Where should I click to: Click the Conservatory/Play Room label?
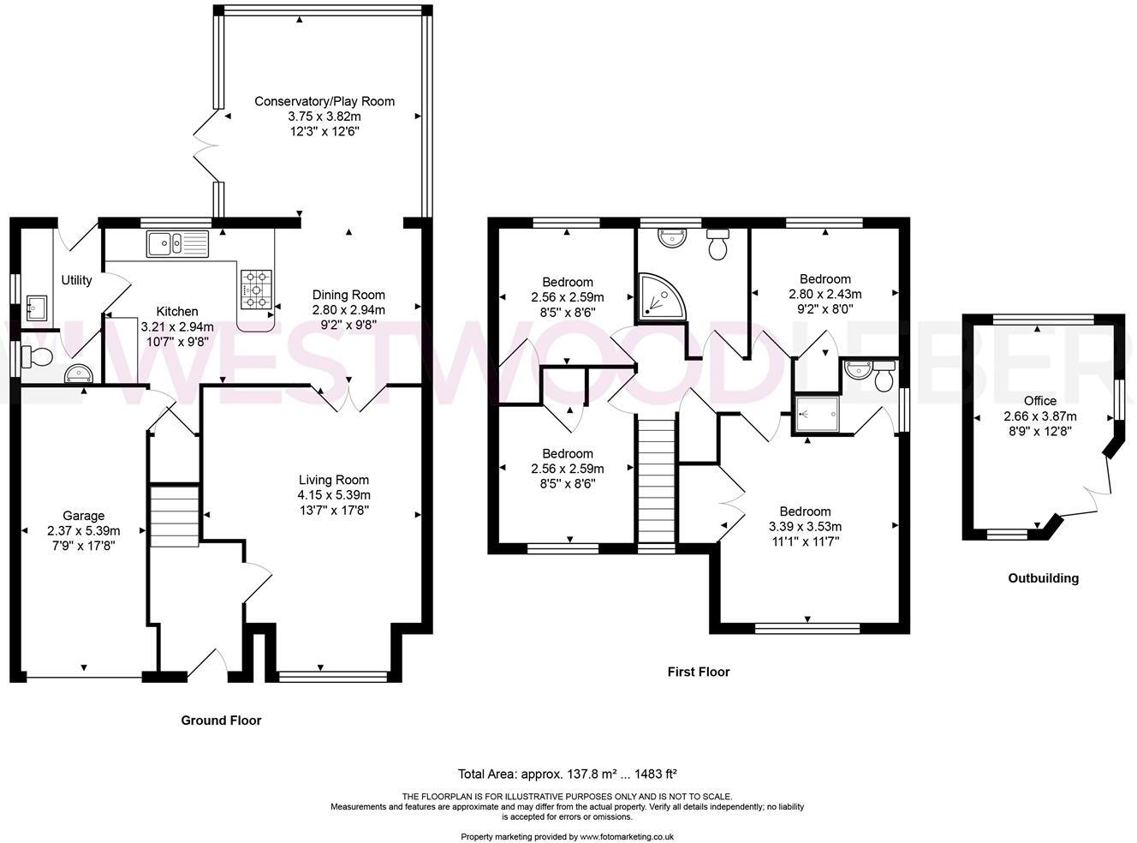[x=324, y=101]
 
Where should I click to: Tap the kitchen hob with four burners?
[x=257, y=289]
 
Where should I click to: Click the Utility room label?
[x=76, y=280]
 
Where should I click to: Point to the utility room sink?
[x=38, y=308]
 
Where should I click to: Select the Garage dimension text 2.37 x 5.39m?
[x=83, y=530]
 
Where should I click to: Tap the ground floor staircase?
[x=175, y=515]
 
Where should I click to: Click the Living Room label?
[x=334, y=480]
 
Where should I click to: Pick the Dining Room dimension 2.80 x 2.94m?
[x=348, y=310]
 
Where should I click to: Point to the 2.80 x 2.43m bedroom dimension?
[x=824, y=294]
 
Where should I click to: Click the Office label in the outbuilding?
[x=1040, y=401]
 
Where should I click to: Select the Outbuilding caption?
[x=1043, y=578]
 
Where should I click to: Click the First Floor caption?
[x=699, y=673]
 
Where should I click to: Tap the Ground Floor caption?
[x=221, y=720]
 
